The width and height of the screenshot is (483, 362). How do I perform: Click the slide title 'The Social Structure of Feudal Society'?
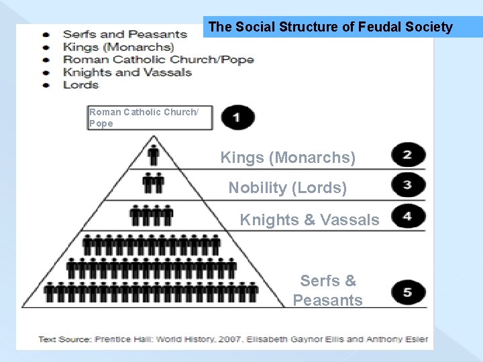331,27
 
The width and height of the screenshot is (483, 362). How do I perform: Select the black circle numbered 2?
408,156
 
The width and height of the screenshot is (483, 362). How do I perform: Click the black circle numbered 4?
408,217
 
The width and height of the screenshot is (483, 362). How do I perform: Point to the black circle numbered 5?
408,292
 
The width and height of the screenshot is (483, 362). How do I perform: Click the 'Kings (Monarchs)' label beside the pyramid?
288,158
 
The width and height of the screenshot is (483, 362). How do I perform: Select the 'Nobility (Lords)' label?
288,188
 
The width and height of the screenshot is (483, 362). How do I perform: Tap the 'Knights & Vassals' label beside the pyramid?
309,220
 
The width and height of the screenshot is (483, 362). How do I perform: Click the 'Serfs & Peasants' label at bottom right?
327,290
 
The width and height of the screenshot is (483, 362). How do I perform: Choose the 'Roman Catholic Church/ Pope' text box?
150,118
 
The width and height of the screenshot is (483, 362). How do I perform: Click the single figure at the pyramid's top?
154,155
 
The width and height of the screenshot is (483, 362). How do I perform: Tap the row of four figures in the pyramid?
152,215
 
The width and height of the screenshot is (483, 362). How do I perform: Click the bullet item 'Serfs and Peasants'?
125,34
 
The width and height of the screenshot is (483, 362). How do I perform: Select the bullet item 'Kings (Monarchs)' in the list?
118,47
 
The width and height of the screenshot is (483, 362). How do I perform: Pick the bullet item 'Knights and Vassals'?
127,72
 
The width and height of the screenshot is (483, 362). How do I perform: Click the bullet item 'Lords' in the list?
81,85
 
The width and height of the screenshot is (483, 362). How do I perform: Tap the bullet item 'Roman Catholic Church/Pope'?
158,60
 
